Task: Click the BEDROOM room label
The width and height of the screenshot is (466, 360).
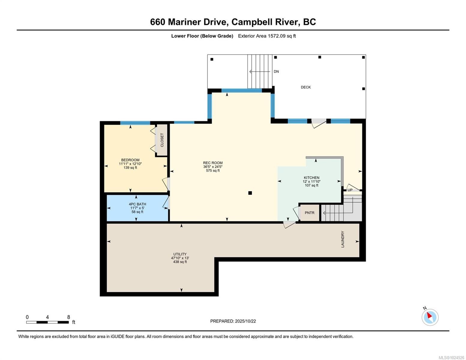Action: (x=130, y=160)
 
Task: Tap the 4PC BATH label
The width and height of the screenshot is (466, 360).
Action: (x=137, y=204)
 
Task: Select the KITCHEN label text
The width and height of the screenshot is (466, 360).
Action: (x=311, y=178)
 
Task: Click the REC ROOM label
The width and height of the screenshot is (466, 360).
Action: (x=212, y=163)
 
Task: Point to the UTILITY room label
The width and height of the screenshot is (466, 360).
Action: (x=180, y=254)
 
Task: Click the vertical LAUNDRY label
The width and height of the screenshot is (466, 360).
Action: (x=343, y=239)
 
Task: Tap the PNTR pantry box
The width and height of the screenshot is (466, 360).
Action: (x=309, y=213)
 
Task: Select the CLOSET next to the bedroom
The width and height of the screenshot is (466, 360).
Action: (x=162, y=140)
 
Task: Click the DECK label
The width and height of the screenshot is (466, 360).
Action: (x=305, y=87)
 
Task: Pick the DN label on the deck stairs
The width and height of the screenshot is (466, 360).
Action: (x=276, y=71)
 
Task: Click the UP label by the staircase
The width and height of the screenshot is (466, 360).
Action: (x=350, y=190)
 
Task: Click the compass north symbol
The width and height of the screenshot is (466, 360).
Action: (x=430, y=317)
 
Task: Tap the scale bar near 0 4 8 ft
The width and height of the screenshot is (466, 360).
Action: (x=47, y=322)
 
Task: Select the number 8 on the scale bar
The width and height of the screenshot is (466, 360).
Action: (x=68, y=317)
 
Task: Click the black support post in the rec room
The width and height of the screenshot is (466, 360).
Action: (x=250, y=193)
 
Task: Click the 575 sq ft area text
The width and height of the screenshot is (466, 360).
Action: (x=212, y=171)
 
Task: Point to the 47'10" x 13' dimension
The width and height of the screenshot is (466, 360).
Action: (x=180, y=258)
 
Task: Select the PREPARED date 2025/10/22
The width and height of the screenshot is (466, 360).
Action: (x=245, y=321)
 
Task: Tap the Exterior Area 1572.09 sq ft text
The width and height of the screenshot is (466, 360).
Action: (x=267, y=36)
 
